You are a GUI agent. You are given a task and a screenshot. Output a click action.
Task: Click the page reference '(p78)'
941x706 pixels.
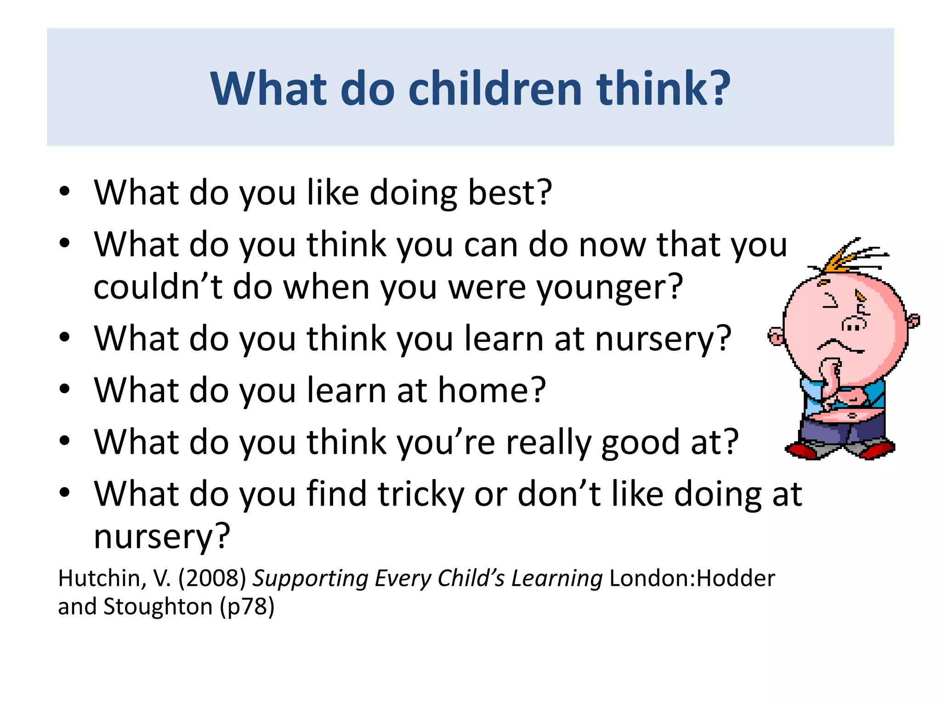point(247,607)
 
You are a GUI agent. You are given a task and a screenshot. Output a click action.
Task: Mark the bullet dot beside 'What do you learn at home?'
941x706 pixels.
point(64,389)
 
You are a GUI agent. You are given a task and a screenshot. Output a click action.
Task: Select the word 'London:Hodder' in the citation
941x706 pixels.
point(692,578)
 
